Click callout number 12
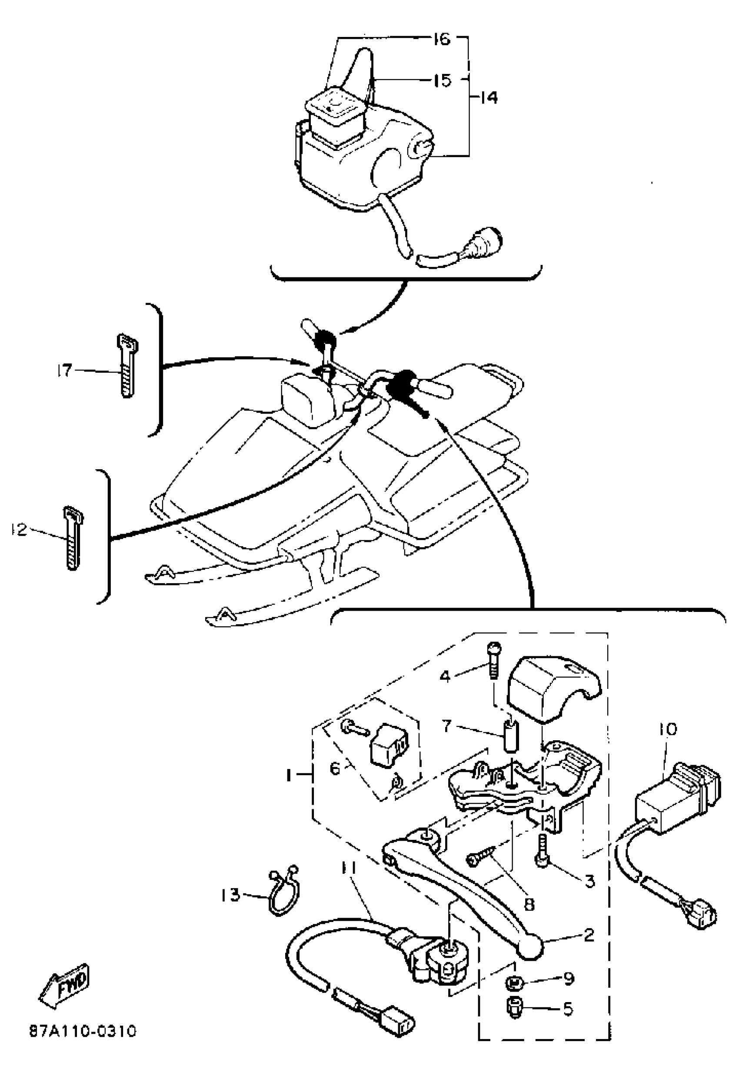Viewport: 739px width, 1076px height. click(20, 529)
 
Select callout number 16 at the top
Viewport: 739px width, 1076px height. click(442, 40)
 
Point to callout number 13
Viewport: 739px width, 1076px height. click(230, 895)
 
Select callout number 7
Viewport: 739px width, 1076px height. click(446, 725)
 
